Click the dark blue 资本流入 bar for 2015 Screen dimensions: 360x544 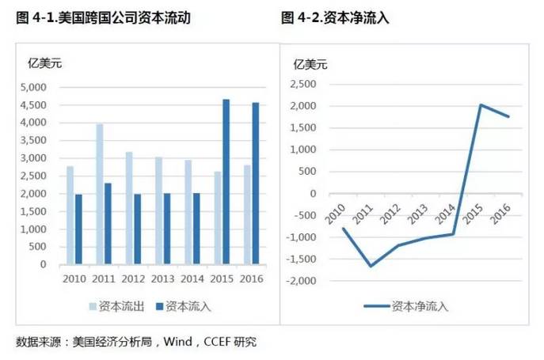click(226, 182)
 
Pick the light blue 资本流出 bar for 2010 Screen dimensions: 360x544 click(70, 215)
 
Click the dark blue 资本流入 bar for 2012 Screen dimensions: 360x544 click(138, 229)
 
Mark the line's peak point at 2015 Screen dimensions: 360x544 click(481, 104)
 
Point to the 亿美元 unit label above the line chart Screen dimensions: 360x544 click(310, 63)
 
